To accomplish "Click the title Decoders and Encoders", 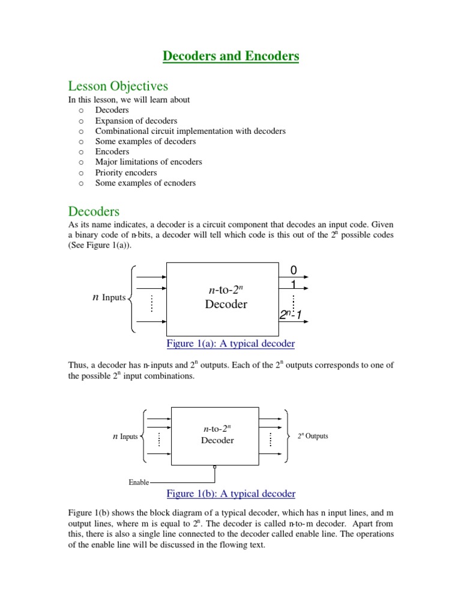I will (230, 56).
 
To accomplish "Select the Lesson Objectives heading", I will (118, 86).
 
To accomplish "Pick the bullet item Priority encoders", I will (125, 172).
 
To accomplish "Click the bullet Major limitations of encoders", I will (148, 162).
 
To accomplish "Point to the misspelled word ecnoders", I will (177, 183).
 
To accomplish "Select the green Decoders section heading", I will (94, 211).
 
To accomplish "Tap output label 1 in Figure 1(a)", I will (294, 284).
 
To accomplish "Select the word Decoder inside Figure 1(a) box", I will (226, 304).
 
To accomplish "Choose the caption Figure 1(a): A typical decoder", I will (230, 344).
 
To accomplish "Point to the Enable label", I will (139, 482).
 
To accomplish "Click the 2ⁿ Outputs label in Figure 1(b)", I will (313, 436).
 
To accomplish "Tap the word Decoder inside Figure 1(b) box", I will (217, 440).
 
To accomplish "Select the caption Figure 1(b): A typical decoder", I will (230, 494).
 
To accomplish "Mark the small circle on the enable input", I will (214, 467).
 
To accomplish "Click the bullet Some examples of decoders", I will (145, 141).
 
